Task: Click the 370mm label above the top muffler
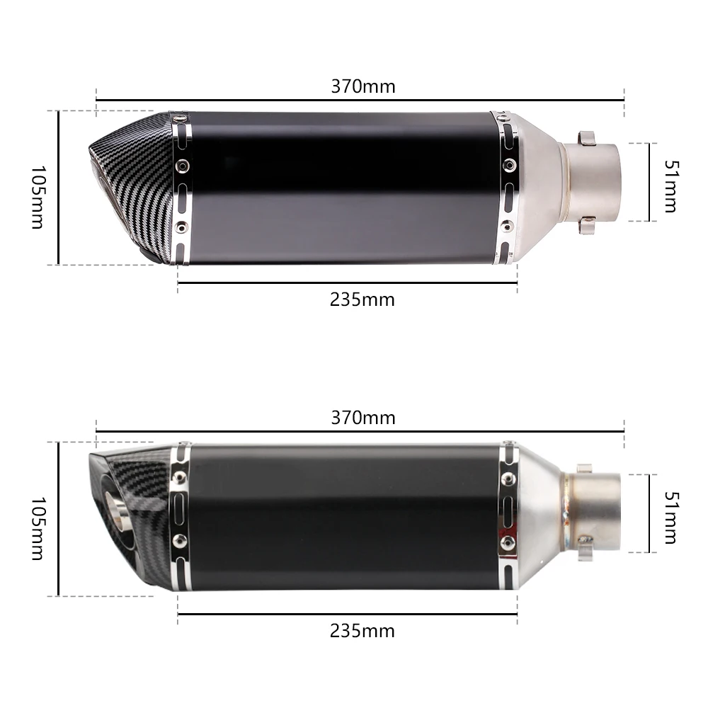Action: (363, 86)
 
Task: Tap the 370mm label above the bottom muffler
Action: (363, 418)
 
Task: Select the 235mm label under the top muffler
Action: (362, 299)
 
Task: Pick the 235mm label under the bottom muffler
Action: (362, 631)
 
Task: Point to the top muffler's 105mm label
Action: (38, 197)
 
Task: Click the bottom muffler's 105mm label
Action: (38, 528)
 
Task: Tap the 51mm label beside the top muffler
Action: (671, 186)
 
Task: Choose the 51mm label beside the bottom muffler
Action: (671, 518)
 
